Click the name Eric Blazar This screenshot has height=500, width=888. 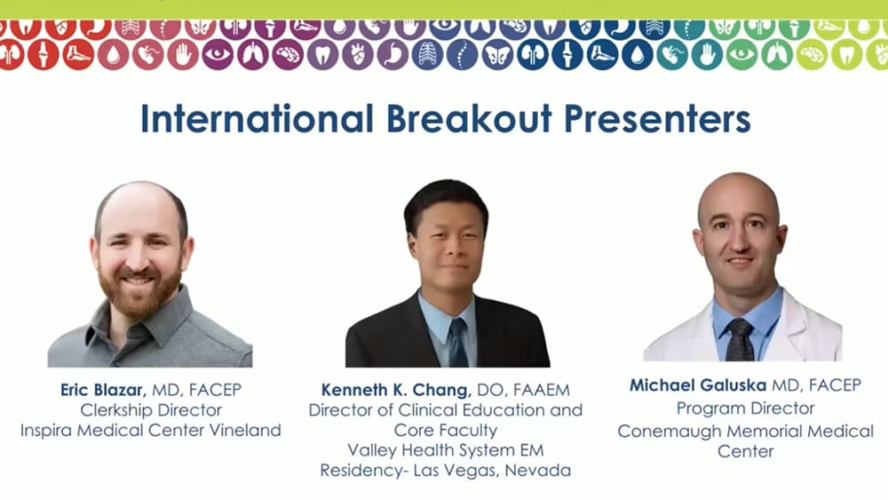(100, 390)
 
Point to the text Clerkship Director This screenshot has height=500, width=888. (151, 410)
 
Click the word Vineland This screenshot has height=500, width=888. (243, 431)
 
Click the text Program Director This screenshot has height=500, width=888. (746, 409)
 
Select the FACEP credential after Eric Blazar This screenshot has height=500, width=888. (213, 390)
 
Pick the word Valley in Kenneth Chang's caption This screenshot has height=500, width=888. (372, 450)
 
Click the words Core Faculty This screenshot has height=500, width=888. (446, 431)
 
